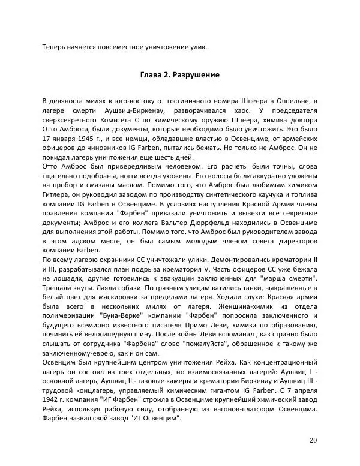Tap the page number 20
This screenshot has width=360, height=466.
[x=313, y=440]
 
